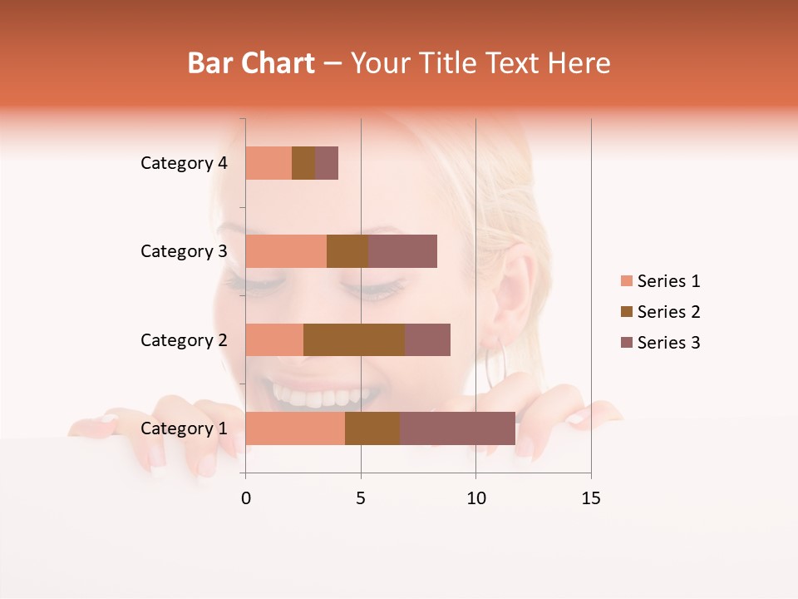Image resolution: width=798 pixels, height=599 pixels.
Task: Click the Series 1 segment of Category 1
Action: pos(295,428)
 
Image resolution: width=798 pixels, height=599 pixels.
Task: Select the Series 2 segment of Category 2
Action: pos(354,339)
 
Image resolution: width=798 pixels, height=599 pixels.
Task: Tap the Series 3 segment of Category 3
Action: pos(402,251)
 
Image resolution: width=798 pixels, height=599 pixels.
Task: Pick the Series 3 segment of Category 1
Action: pos(457,428)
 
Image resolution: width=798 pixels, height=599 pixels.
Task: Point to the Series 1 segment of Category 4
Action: pos(268,163)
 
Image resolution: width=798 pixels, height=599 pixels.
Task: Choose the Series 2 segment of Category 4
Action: pos(303,163)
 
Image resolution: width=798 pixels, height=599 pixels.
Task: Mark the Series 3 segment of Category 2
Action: pos(427,339)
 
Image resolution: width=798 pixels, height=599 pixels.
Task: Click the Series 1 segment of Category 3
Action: pos(286,251)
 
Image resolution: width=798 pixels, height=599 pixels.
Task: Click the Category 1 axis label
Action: pos(184,428)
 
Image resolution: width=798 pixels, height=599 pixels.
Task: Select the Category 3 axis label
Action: pos(184,251)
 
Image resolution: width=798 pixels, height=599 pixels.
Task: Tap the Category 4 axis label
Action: pos(184,163)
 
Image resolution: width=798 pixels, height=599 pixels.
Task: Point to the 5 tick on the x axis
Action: pos(361,498)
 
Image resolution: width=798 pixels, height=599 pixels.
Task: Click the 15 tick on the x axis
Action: pos(591,498)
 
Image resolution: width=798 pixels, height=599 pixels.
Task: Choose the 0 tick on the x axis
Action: pos(246,498)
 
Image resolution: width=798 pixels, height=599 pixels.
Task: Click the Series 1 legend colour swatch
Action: pos(626,281)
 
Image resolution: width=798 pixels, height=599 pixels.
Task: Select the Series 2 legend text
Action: pos(668,312)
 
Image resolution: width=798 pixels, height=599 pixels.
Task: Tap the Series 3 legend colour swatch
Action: pos(626,343)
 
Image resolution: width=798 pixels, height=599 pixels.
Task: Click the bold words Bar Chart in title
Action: pos(251,63)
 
